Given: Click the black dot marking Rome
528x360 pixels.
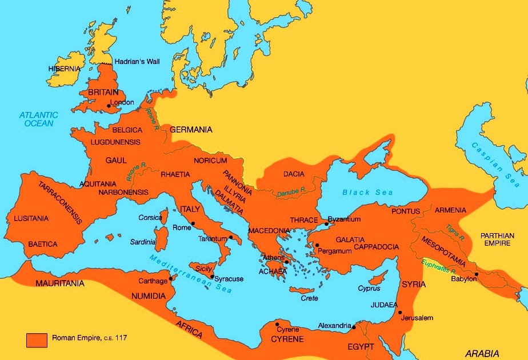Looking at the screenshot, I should tap(194, 223).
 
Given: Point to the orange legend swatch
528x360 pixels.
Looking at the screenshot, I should tap(37, 339).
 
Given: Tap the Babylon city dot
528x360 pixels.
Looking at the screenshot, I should tap(476, 274).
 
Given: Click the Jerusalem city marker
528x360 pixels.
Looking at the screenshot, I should tap(400, 313).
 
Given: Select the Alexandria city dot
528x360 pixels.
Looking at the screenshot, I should tap(354, 327).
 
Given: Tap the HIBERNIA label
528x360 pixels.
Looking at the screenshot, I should tap(64, 69).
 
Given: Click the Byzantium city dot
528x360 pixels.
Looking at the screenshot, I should tap(326, 224).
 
